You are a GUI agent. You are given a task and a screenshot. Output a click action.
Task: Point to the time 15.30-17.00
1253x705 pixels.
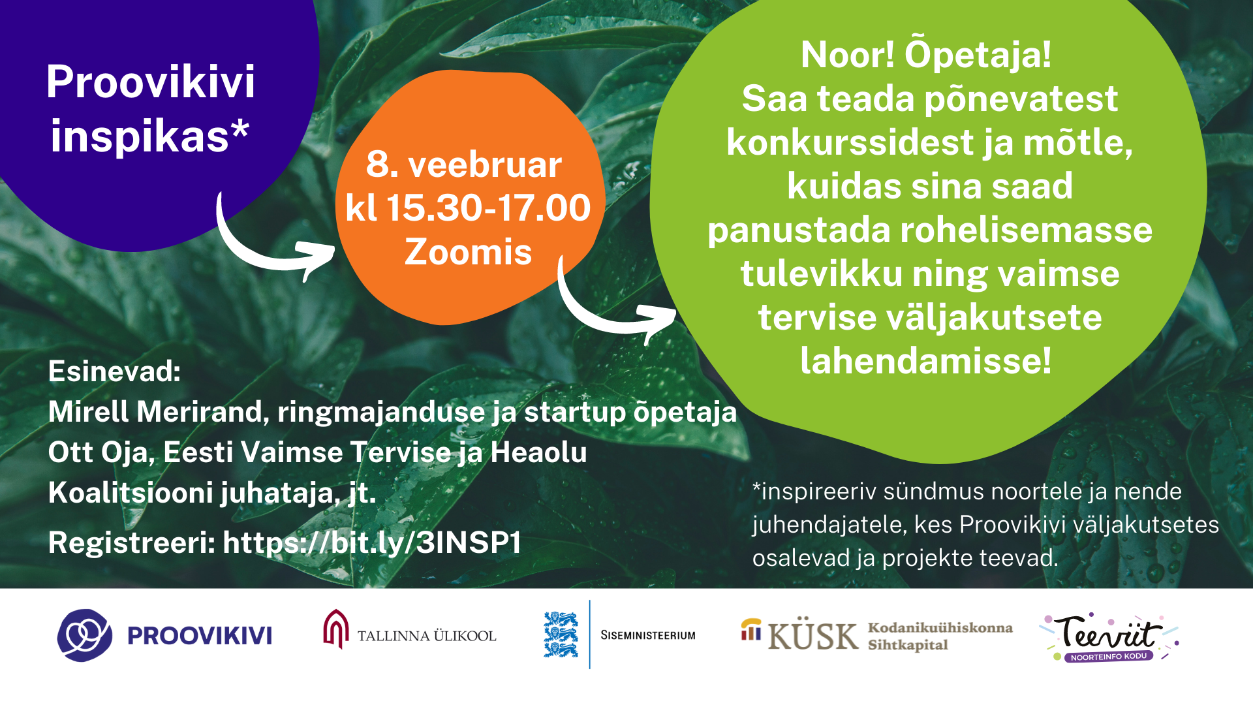pos(488,208)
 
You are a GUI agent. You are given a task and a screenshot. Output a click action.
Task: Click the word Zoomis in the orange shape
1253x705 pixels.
pos(468,252)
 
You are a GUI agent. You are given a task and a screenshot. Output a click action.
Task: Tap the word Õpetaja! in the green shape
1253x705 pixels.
pos(978,55)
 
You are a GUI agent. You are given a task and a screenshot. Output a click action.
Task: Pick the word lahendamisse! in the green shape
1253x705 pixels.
pos(926,361)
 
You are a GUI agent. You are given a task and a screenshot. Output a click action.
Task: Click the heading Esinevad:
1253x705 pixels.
pos(114,371)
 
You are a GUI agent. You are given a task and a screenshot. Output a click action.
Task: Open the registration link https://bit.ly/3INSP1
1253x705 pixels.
pos(372,543)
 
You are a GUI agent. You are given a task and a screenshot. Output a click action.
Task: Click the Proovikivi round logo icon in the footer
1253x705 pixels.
pos(85,635)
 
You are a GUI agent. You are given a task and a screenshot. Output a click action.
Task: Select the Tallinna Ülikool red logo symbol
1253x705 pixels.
pos(336,629)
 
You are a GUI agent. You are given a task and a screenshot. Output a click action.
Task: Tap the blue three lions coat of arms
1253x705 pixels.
pos(561,634)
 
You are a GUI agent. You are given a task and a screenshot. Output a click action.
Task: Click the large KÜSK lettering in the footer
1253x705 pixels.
pos(812,635)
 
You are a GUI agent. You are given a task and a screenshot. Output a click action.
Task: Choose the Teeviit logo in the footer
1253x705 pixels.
pos(1108,636)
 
